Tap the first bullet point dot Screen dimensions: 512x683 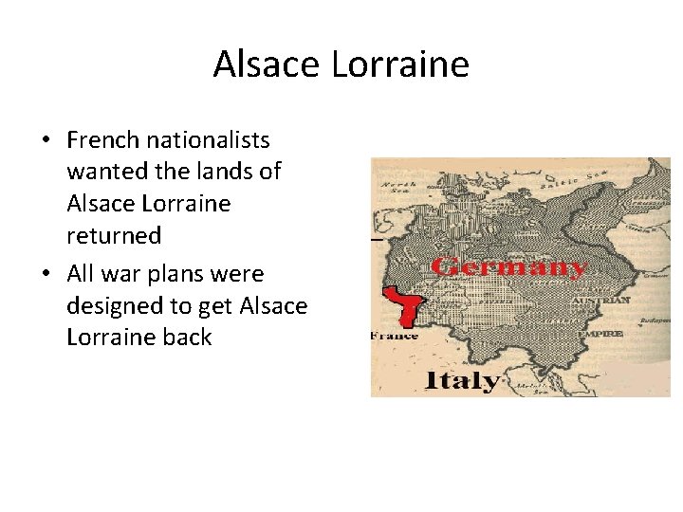tap(46, 141)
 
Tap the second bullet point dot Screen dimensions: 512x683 tap(46, 274)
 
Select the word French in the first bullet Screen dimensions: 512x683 tap(100, 140)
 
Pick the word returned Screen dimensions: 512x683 tap(114, 234)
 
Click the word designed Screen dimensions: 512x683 tap(112, 305)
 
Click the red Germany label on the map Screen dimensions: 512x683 tap(507, 266)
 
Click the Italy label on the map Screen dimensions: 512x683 tap(462, 380)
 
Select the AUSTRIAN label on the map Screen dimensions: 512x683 tap(601, 300)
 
